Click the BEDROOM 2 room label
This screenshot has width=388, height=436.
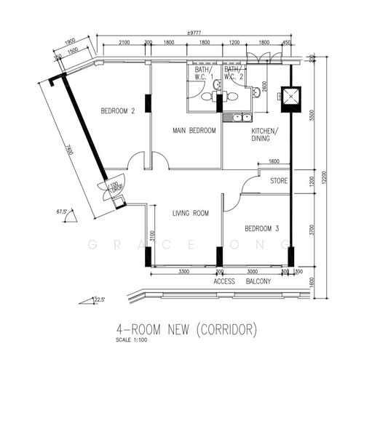coord(118,111)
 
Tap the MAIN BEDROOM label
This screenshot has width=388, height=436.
coord(194,131)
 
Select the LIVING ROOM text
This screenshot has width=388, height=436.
coord(191,213)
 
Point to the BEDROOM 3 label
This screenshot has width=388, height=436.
coord(261,228)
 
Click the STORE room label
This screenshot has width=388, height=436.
coord(279,181)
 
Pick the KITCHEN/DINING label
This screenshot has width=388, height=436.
coord(264,134)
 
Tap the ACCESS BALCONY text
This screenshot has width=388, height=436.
coord(242,280)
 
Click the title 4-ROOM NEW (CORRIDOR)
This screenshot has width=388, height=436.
coord(187,331)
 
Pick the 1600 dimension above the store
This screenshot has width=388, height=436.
coord(274,161)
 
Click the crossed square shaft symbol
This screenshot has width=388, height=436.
coord(290,98)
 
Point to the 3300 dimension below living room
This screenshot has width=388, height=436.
coord(184,271)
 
